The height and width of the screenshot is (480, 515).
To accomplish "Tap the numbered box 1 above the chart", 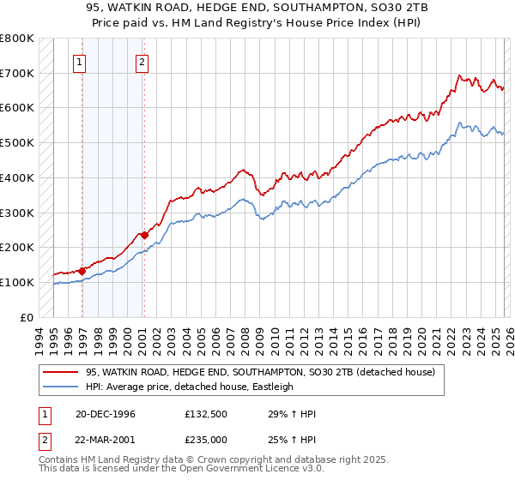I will click(x=79, y=61).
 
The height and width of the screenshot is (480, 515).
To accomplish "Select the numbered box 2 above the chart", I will click(x=141, y=61).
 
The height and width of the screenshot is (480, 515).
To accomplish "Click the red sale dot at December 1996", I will click(x=82, y=271).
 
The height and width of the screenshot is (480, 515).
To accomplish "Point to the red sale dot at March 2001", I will click(x=144, y=234).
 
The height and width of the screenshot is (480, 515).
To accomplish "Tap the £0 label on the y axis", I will click(x=26, y=317).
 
